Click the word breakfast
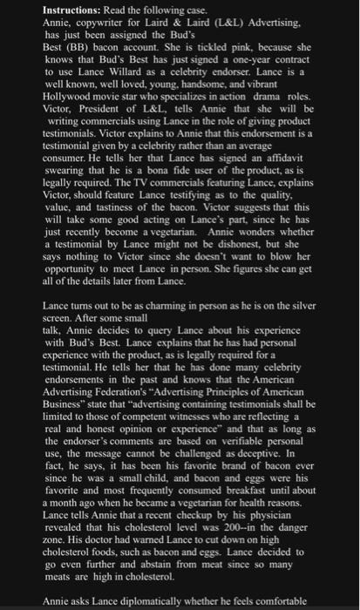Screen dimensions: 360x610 [216, 478]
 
